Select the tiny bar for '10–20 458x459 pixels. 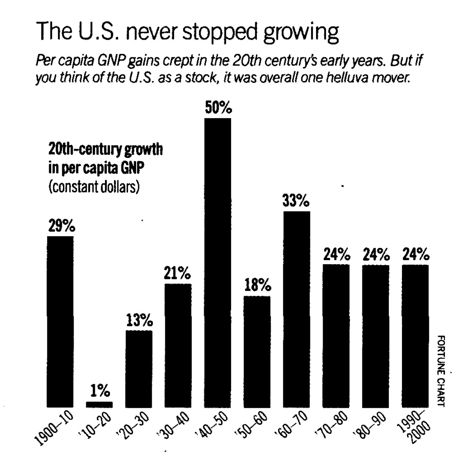[x=99, y=405]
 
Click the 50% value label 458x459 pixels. [x=218, y=108]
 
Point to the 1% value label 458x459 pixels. [x=100, y=391]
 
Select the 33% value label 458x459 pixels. [x=296, y=202]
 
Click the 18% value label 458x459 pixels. [x=257, y=286]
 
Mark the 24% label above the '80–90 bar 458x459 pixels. [x=375, y=255]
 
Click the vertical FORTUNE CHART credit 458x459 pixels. [x=441, y=371]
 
